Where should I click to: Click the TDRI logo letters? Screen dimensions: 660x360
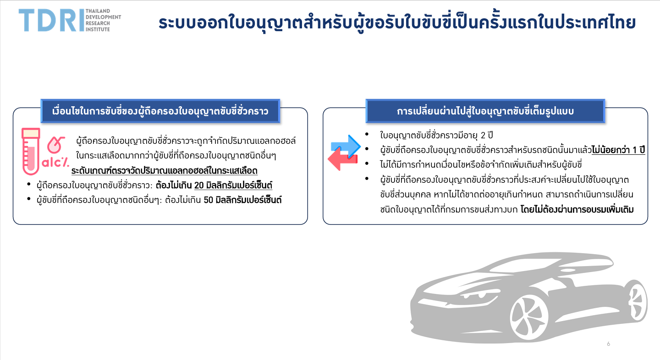[x=51, y=20]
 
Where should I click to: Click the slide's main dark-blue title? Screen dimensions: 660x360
[x=397, y=22]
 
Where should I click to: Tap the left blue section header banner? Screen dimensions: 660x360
[x=160, y=111]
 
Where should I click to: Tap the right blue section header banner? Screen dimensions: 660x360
[x=485, y=111]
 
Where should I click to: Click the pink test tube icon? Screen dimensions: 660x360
[x=31, y=151]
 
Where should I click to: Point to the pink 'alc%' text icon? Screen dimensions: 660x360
[x=55, y=163]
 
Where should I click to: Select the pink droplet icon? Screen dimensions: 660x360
[x=56, y=144]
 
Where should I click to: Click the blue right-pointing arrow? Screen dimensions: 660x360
[x=346, y=146]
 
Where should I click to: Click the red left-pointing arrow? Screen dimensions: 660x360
[x=343, y=159]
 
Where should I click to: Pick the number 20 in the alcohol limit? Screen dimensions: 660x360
[x=199, y=185]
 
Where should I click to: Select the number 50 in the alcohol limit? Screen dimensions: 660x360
[x=209, y=200]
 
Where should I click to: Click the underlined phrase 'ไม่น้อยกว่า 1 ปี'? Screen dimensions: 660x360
[x=618, y=150]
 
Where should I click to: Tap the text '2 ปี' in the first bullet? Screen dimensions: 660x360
[x=486, y=135]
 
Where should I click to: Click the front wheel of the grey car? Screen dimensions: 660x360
[x=529, y=317]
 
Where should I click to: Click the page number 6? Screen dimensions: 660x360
[x=609, y=344]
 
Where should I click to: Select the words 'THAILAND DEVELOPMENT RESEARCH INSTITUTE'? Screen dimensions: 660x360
[x=103, y=20]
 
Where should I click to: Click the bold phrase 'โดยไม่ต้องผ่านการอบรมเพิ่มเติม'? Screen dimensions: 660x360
[x=577, y=210]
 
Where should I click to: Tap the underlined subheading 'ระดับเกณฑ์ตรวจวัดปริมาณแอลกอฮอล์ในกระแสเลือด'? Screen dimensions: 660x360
[x=165, y=171]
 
